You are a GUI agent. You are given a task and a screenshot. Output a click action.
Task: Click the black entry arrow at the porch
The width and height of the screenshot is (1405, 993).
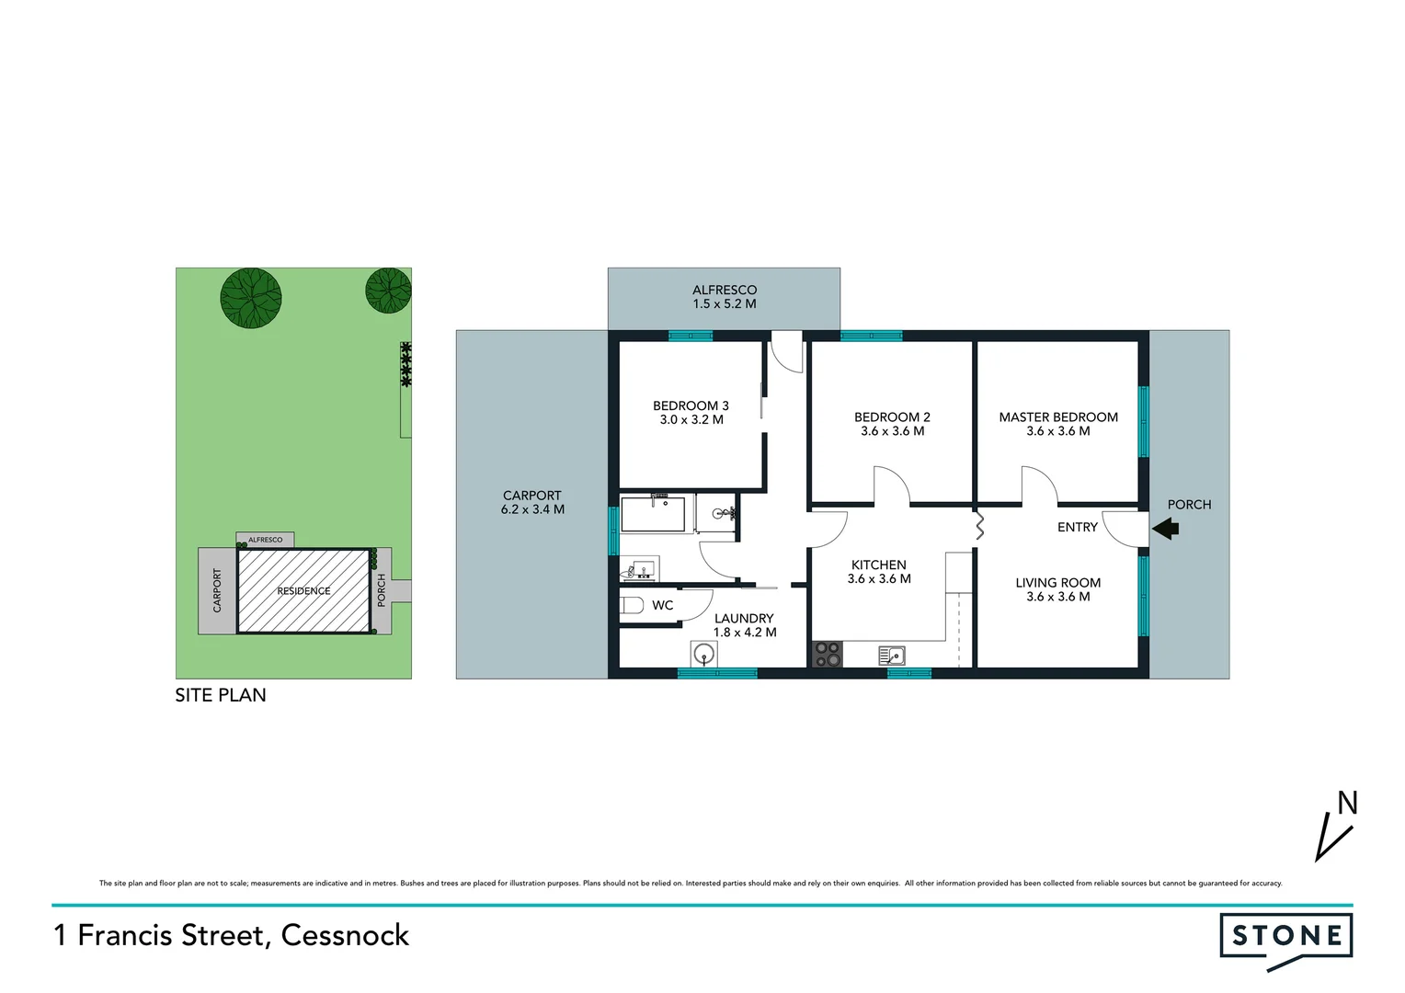click(x=1166, y=529)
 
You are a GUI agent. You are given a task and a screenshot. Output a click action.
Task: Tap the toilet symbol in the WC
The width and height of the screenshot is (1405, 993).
click(x=633, y=605)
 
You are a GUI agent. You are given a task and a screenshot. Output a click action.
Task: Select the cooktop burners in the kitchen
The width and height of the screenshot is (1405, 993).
click(x=828, y=654)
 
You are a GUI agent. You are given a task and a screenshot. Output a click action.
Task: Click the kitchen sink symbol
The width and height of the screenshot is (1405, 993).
click(x=892, y=656)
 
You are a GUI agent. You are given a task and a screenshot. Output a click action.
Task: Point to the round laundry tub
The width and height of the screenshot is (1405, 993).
click(x=703, y=655)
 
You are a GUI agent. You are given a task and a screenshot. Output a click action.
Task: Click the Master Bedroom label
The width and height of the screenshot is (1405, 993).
click(x=1058, y=417)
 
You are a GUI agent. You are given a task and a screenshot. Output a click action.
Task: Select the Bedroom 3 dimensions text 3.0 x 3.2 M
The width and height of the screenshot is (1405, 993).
click(x=691, y=420)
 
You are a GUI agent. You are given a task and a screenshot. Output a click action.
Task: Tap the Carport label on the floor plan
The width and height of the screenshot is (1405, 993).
click(x=531, y=496)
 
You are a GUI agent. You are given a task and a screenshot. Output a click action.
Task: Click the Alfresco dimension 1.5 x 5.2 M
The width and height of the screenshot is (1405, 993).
click(x=725, y=304)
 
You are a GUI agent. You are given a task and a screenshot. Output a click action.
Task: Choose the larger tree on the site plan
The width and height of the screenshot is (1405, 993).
click(x=251, y=299)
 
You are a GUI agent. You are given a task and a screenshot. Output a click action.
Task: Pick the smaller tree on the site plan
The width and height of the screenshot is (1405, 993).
click(x=388, y=291)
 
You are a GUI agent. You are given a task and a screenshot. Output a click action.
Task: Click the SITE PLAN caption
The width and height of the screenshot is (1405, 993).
click(x=221, y=696)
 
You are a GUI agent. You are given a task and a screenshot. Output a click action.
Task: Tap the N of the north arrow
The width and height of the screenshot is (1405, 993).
click(x=1347, y=804)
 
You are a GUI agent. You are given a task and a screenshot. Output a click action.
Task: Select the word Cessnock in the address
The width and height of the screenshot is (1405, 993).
click(x=345, y=936)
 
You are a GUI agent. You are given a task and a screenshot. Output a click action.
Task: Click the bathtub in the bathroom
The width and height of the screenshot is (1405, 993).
click(x=655, y=515)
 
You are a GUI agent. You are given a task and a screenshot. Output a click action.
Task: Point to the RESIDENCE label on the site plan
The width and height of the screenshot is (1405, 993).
click(x=303, y=591)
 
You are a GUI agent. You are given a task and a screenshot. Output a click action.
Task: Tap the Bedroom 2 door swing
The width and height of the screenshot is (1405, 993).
click(x=890, y=485)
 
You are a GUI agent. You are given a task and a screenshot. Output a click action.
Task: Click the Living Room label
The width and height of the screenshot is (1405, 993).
click(x=1057, y=583)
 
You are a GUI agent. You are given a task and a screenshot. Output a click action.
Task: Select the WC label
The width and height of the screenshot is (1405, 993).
click(x=663, y=606)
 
